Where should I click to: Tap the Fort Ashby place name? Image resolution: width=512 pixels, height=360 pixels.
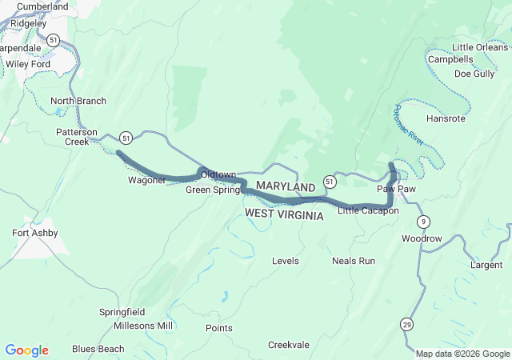(34, 233)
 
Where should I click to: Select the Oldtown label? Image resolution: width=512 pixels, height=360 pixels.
(218, 174)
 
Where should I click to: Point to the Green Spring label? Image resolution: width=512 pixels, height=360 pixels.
(213, 190)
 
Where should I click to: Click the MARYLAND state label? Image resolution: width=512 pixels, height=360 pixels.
(286, 186)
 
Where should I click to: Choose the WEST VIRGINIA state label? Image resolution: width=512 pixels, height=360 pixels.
(284, 215)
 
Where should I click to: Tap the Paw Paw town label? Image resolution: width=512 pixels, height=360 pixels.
(396, 189)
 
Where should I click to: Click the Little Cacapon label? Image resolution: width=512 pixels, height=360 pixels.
(368, 210)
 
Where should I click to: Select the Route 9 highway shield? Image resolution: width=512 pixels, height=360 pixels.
(423, 222)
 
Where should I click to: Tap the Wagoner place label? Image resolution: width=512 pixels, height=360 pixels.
(146, 180)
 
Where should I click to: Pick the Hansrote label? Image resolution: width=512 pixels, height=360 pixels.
(446, 118)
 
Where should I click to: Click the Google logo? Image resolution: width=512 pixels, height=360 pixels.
(26, 350)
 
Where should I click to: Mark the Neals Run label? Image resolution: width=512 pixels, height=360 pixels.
(354, 261)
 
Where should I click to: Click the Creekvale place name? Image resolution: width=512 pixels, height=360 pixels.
(288, 345)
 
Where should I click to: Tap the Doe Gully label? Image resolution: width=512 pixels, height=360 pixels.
(474, 74)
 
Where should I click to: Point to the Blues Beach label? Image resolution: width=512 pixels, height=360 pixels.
(98, 349)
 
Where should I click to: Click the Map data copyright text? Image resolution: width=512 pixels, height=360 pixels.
(462, 354)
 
